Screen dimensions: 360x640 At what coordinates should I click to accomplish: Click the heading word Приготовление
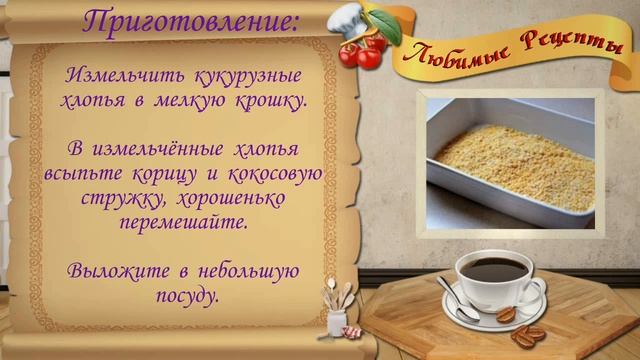pyautogui.click(x=190, y=21)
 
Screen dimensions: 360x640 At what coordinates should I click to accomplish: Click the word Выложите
pyautogui.click(x=112, y=270)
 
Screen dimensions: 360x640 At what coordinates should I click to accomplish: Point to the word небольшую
pyautogui.click(x=242, y=270)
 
